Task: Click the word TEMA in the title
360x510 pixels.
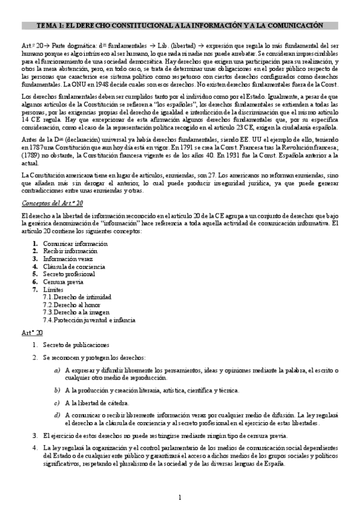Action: pos(47,25)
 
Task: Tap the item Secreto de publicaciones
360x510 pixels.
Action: pos(75,345)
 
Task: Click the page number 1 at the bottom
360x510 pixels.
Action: pos(179,496)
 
